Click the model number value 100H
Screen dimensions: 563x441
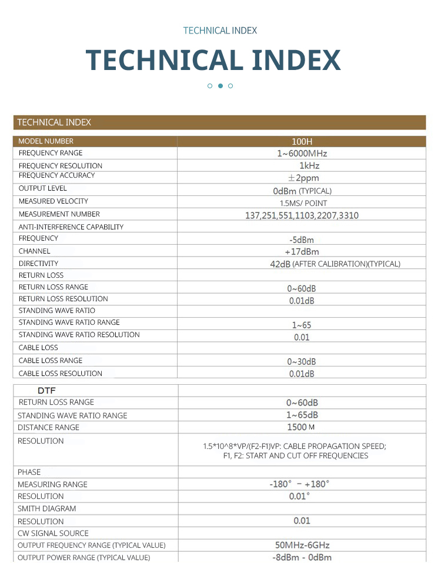coord(302,141)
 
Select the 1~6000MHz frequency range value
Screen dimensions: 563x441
coord(302,154)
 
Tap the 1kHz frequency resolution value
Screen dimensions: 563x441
coord(309,165)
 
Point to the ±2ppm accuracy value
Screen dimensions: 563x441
coord(303,178)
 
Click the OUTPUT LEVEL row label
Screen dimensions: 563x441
coord(42,188)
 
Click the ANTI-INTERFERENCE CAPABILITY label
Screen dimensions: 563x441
coord(71,226)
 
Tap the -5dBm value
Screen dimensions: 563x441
coord(302,239)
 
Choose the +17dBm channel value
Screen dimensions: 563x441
coord(302,252)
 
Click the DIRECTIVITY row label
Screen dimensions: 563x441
coord(38,264)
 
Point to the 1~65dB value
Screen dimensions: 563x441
coord(302,415)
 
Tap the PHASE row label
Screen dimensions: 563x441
coord(29,472)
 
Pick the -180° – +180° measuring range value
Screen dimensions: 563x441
coord(300,484)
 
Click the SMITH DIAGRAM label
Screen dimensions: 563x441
coord(46,508)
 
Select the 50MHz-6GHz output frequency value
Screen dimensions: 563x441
coord(302,545)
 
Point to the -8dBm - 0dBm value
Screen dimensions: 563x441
coord(302,558)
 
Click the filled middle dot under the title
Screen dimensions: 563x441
coord(220,86)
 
